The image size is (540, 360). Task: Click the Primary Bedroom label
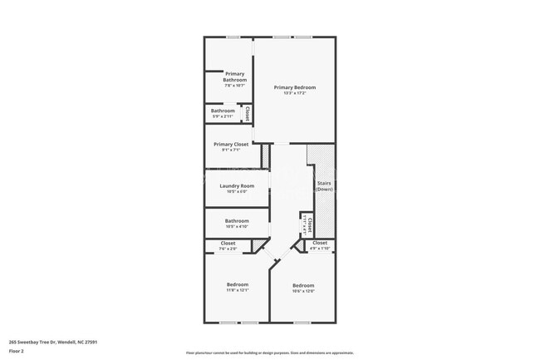coord(295,87)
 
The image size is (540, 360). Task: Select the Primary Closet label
coord(231,144)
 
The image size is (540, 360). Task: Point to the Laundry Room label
coord(237,185)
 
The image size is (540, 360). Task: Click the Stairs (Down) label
coord(324,186)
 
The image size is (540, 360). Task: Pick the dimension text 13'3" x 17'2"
coord(295,94)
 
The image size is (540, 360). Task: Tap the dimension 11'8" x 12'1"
coord(237,290)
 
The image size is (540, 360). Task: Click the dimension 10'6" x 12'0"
coord(302,290)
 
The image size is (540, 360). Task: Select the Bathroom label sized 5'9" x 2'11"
coord(223,111)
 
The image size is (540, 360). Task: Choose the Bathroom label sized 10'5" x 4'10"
coord(237,220)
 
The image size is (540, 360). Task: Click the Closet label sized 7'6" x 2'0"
coord(228,244)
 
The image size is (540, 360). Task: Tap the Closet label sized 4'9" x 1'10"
coord(320,243)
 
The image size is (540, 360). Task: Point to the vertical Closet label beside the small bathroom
coord(247,113)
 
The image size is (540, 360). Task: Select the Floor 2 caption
coord(17,352)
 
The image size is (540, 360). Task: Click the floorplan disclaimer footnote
coord(270,353)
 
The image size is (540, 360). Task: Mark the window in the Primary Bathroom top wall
coord(233,37)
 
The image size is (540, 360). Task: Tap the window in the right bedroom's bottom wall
coord(302,322)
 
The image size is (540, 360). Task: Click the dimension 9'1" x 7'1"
coord(231,150)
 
